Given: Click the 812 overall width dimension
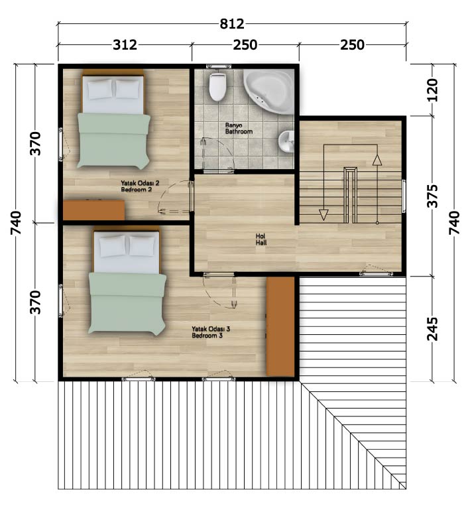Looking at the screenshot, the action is tap(232, 24).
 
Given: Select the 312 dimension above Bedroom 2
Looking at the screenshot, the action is tap(125, 44).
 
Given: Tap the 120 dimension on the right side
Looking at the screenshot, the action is tap(432, 90).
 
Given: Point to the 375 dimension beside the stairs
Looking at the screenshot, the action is tap(432, 196).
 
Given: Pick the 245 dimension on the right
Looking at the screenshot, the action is tap(432, 329).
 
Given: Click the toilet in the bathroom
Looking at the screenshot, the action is tap(217, 87).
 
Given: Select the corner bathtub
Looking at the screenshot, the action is tap(269, 91).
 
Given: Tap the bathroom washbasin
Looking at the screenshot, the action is tap(286, 141).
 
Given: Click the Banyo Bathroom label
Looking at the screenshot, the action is tap(239, 128).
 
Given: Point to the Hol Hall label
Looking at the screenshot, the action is tap(261, 239).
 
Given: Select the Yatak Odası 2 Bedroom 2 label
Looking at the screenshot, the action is tap(140, 186).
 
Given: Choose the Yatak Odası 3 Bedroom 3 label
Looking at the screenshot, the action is tap(211, 332).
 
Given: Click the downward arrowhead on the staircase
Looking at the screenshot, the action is tap(323, 215).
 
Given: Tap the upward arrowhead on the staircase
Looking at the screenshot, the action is tap(377, 160).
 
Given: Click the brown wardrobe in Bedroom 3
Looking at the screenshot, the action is tap(280, 326).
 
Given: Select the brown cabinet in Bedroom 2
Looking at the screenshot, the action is tap(94, 210).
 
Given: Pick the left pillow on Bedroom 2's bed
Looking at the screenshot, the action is tap(100, 90).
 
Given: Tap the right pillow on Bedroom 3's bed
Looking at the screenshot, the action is tap(143, 245).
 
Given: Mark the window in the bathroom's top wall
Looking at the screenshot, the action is tap(219, 66).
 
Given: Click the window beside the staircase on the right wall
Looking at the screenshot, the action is tap(404, 196).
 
